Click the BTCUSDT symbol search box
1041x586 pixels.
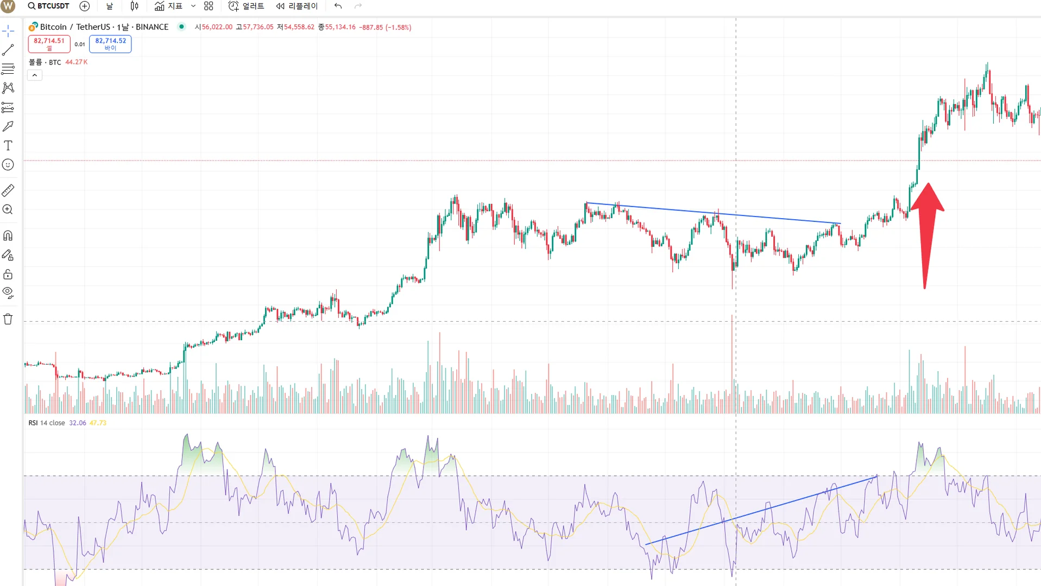tap(49, 6)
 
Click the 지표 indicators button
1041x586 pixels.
tap(169, 6)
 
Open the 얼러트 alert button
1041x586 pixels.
tap(247, 6)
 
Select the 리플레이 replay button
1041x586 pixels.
tap(296, 6)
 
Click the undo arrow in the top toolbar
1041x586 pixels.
tap(338, 6)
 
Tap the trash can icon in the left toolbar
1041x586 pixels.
tap(8, 319)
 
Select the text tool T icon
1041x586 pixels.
tap(8, 145)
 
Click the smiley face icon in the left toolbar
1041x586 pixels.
tap(8, 164)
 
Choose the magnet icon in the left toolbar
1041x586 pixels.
tap(8, 235)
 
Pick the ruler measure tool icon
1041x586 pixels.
tap(8, 190)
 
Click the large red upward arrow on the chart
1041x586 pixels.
tap(927, 228)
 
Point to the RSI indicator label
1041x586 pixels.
tap(33, 423)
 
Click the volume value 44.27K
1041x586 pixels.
tap(76, 62)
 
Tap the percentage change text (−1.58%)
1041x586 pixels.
tap(398, 27)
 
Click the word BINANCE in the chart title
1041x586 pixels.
tap(152, 27)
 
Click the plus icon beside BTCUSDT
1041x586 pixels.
tap(84, 6)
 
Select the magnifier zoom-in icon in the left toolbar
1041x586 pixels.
tap(8, 209)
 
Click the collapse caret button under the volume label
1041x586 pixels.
tap(34, 75)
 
